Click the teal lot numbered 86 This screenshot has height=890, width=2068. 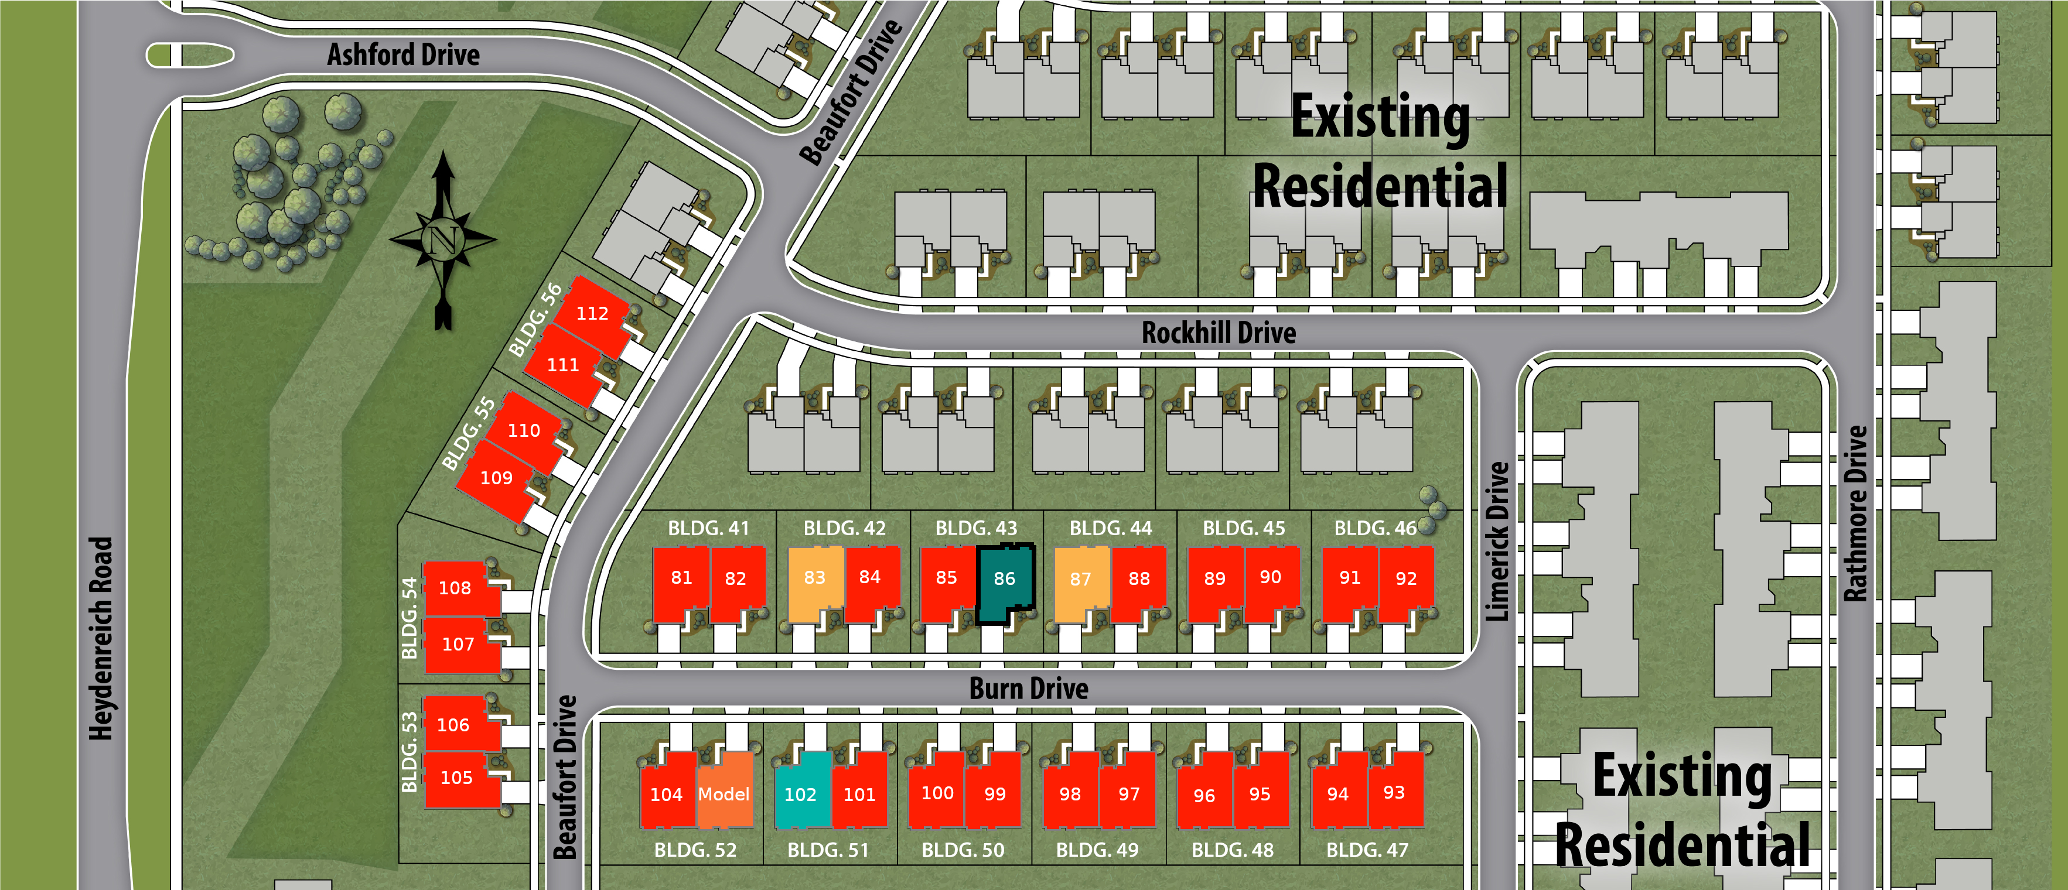tap(1004, 580)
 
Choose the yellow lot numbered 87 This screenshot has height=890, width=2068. tap(1080, 580)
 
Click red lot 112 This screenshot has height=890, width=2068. tap(592, 314)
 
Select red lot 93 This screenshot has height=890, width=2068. tap(1394, 793)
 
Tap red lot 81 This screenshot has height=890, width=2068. tap(681, 578)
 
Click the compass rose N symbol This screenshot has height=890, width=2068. tap(443, 238)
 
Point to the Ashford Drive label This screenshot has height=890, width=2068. tap(403, 54)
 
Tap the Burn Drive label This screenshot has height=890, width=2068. tap(1028, 689)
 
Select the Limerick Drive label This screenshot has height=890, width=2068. tap(1497, 542)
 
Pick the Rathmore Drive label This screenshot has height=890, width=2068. tap(1855, 514)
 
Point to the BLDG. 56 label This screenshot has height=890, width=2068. tap(535, 320)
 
